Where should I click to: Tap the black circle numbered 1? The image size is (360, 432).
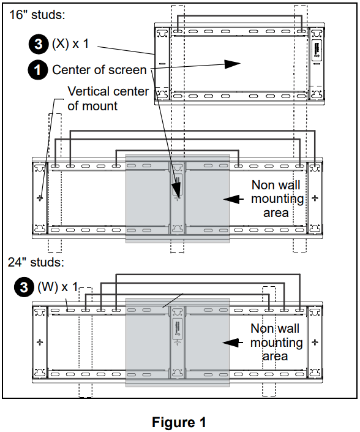tap(37, 70)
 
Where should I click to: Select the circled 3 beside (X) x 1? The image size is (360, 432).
tap(37, 44)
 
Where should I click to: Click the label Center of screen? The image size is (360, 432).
tap(99, 70)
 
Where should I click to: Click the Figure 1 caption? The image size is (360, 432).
tap(179, 422)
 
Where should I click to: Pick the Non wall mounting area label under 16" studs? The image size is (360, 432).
tap(277, 199)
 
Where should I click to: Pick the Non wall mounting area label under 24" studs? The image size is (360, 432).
tap(277, 343)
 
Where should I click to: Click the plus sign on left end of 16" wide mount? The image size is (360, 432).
tap(40, 198)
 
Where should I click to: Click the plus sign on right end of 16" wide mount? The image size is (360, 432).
tap(315, 198)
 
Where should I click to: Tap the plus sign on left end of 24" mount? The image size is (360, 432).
tap(40, 342)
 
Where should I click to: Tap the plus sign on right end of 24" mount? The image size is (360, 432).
tap(315, 342)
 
